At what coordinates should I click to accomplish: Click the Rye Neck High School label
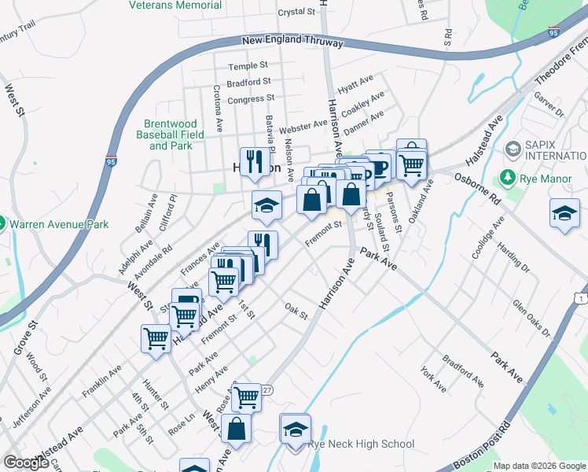pyautogui.click(x=361, y=444)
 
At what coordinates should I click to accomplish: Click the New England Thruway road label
pyautogui.click(x=290, y=39)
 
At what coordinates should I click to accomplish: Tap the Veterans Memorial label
pyautogui.click(x=175, y=5)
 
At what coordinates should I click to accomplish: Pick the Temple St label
pyautogui.click(x=248, y=66)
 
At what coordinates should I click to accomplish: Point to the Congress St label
pyautogui.click(x=250, y=100)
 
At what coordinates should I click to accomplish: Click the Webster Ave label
pyautogui.click(x=303, y=125)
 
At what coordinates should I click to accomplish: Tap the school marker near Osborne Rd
pyautogui.click(x=564, y=214)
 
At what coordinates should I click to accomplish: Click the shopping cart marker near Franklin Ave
pyautogui.click(x=156, y=338)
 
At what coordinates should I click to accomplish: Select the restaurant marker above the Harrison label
pyautogui.click(x=254, y=161)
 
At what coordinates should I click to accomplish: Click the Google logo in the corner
pyautogui.click(x=26, y=463)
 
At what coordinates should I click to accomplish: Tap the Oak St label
pyautogui.click(x=295, y=311)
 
